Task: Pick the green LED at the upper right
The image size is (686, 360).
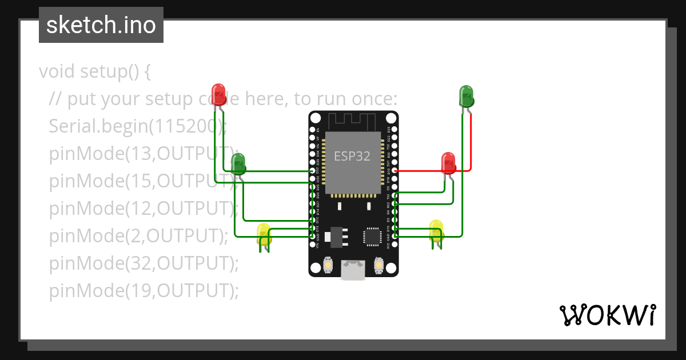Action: coord(466,95)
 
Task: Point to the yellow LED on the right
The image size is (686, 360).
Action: coord(436,230)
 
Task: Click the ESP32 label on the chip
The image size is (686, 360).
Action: coord(352,156)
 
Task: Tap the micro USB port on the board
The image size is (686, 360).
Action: coord(353,270)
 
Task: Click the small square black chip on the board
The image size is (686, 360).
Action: coord(372,236)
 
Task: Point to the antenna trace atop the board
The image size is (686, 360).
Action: coord(352,121)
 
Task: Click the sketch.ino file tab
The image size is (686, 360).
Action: coord(101,25)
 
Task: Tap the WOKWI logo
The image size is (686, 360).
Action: coord(607,315)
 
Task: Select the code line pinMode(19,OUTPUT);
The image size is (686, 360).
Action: coord(143,291)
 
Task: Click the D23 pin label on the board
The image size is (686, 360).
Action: coord(389,130)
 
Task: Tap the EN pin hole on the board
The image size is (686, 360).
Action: coord(313,130)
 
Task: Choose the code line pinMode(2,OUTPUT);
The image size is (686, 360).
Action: coord(138,235)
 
